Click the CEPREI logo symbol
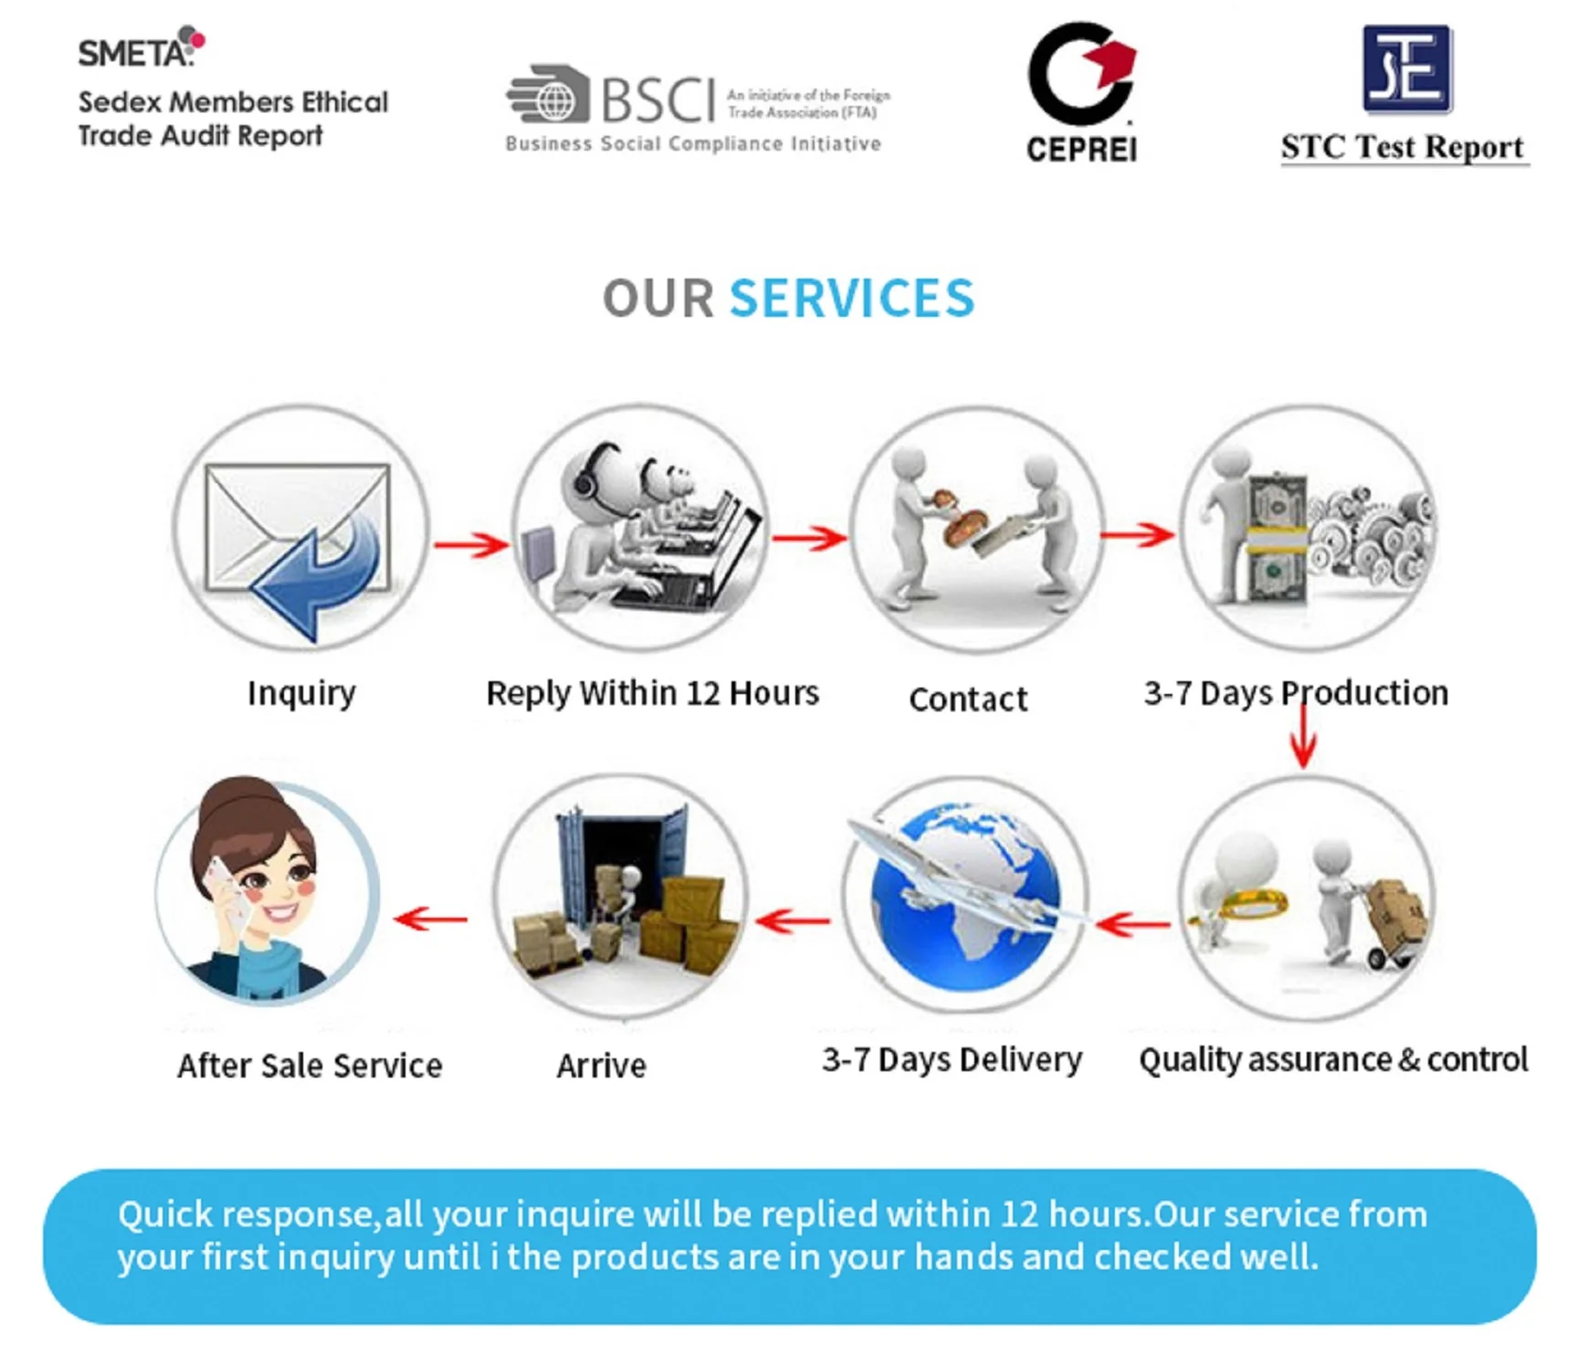(1081, 75)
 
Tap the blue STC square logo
(1406, 68)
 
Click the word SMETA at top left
(134, 53)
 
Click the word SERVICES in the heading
(851, 299)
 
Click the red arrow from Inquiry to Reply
(470, 545)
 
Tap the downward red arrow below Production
(1303, 740)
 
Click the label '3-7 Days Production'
(1296, 693)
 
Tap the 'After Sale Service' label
(310, 1066)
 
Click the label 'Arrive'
(601, 1066)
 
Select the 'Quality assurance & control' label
(1332, 1060)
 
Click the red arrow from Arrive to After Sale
(431, 919)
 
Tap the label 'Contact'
(968, 699)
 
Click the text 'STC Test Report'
(1402, 147)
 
